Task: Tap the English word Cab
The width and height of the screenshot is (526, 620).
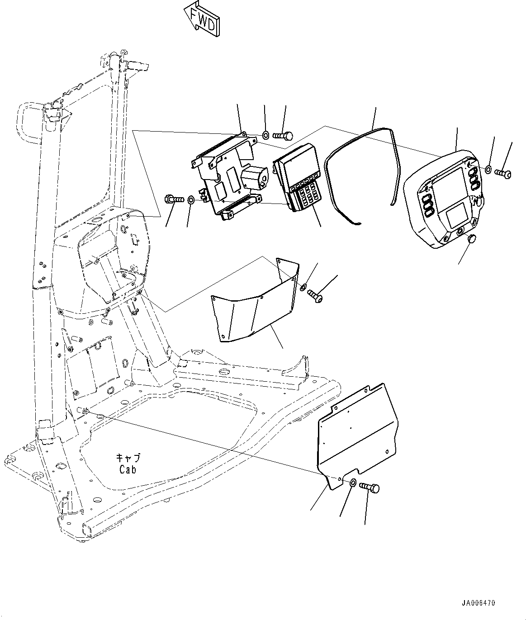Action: pos(128,469)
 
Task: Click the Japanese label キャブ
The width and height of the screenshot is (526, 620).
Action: pos(128,458)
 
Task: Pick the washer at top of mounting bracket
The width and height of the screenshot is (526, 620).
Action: pos(266,134)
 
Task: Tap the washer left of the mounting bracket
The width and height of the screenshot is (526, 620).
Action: pos(191,199)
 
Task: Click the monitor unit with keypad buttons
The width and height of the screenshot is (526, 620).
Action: pos(296,176)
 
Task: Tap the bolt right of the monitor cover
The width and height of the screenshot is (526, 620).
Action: pos(503,173)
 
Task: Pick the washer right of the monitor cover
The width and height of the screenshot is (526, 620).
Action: pos(488,170)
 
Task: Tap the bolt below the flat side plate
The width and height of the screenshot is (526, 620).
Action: pos(370,487)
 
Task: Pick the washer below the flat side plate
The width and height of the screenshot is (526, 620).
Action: pos(353,483)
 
